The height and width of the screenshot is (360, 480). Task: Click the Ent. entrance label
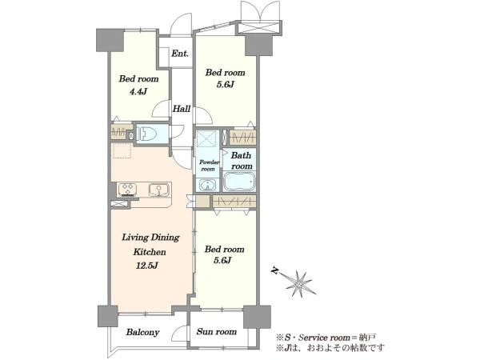180,54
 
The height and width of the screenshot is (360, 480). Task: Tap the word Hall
182,109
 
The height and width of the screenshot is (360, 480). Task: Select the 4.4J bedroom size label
138,91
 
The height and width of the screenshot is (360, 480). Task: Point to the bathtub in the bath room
239,182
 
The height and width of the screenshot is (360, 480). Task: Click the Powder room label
209,166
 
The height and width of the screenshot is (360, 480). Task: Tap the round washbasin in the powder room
208,185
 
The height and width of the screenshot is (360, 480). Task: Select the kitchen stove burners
127,189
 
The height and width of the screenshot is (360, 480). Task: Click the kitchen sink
158,190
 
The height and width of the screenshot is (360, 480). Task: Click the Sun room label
217,331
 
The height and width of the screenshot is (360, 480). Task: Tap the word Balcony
142,333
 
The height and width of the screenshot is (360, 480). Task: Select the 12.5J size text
147,266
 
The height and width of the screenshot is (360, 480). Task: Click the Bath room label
242,161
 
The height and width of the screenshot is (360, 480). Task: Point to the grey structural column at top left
110,40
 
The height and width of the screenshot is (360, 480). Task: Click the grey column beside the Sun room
257,317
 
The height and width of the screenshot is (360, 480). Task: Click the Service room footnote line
326,338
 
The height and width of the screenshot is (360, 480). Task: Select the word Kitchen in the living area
150,252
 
